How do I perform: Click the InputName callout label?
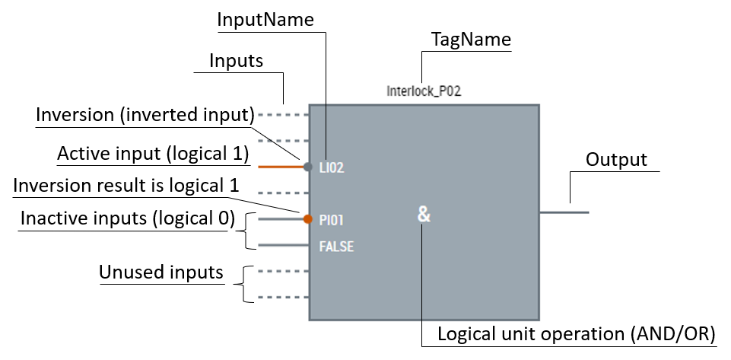click(x=265, y=20)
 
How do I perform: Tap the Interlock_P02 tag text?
click(x=424, y=91)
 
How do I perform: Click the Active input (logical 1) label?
click(x=153, y=154)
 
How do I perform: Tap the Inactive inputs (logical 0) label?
click(x=127, y=218)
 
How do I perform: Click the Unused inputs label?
click(x=161, y=272)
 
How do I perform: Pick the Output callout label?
click(x=616, y=160)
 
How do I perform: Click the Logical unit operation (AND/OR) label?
click(x=576, y=335)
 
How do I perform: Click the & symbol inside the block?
click(x=424, y=215)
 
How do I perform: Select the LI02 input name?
click(x=332, y=167)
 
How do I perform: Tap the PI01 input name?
click(x=332, y=220)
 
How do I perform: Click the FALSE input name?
click(x=337, y=247)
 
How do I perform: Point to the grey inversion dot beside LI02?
click(x=308, y=167)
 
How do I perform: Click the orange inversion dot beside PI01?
click(x=308, y=220)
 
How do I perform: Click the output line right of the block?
click(x=564, y=212)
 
